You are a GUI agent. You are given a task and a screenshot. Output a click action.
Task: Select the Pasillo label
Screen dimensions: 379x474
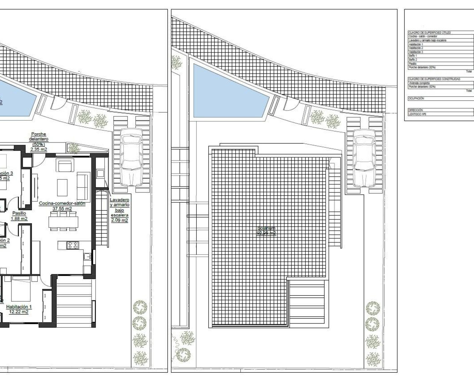coord(19,213)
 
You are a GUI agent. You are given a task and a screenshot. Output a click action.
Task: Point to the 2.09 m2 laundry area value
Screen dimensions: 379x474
coord(119,220)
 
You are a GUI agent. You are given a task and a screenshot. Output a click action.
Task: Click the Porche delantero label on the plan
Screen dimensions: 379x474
coord(39,137)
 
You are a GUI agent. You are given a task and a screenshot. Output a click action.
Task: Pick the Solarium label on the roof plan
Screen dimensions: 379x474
coord(266,228)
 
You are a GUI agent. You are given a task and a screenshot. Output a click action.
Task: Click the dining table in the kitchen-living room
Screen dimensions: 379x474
coord(63,221)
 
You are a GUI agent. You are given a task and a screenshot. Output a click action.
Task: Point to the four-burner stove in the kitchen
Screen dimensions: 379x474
coord(72,245)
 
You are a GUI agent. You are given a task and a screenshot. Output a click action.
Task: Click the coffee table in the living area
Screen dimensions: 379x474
coord(62,188)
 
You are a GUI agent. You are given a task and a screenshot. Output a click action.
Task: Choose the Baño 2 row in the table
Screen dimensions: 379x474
coord(413,60)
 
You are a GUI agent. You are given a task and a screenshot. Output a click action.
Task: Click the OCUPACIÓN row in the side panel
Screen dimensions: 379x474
coord(416,99)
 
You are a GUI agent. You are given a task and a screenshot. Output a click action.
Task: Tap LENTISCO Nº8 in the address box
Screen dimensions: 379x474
coord(417,114)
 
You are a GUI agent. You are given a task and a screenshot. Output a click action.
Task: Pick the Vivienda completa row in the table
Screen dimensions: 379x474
coord(419,83)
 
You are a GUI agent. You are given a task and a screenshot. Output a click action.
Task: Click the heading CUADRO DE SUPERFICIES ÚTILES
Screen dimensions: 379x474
coord(430,33)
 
